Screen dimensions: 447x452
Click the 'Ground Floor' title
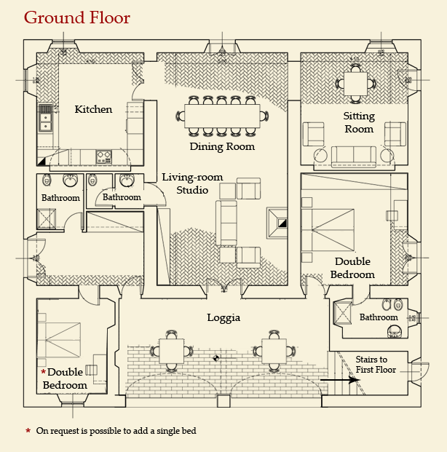77,18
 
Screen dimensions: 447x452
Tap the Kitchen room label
93,109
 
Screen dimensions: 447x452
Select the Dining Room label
222,146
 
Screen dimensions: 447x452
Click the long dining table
222,116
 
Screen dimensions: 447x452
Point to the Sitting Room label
359,122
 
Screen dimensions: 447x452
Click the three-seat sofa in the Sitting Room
354,156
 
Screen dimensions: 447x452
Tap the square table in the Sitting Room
355,84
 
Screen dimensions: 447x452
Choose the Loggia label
223,317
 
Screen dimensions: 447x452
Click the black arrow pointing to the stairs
340,380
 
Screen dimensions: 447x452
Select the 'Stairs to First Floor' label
376,365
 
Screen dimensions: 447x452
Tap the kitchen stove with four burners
104,156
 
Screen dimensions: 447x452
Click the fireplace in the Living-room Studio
277,223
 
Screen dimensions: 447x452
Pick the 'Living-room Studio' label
192,183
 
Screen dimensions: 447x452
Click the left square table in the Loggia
171,351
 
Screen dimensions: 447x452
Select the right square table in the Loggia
274,351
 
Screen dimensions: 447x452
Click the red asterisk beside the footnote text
28,431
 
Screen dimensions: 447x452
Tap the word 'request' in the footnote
65,431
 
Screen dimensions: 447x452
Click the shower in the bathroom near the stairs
342,313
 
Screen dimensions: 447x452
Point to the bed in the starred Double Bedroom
59,340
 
